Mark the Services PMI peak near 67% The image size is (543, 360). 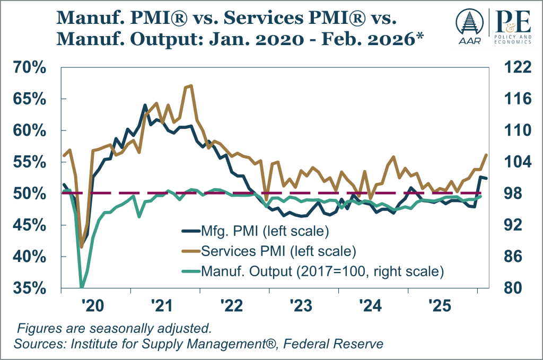point(190,85)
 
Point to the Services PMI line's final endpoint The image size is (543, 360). point(486,154)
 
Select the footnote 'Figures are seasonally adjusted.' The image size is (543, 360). point(115,327)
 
